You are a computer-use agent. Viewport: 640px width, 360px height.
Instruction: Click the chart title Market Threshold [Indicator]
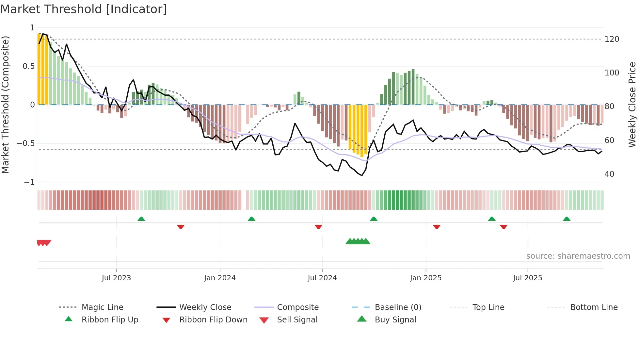[x=84, y=9]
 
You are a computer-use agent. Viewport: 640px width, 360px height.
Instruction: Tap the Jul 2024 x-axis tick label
[x=322, y=278]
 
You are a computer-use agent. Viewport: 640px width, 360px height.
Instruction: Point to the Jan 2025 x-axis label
[x=425, y=278]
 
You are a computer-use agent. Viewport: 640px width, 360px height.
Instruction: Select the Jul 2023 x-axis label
[x=116, y=278]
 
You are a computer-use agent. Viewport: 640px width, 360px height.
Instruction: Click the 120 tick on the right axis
[x=612, y=39]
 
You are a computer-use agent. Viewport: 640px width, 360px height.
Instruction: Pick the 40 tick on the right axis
[x=609, y=174]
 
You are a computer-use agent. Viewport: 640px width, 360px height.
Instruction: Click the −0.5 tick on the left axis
[x=26, y=143]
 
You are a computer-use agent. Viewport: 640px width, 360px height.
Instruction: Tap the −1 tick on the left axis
[x=29, y=182]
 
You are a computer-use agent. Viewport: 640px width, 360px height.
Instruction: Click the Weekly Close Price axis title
[x=632, y=105]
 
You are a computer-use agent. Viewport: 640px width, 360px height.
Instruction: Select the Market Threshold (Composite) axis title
[x=5, y=105]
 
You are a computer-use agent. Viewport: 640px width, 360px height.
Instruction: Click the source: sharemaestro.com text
[x=578, y=256]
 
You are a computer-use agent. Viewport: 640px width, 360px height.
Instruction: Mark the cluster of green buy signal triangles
[x=358, y=241]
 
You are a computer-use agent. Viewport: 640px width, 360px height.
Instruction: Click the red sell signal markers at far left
[x=44, y=243]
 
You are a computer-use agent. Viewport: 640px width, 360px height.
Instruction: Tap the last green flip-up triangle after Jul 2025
[x=567, y=219]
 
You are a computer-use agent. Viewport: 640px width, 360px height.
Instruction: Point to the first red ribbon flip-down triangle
[x=181, y=227]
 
